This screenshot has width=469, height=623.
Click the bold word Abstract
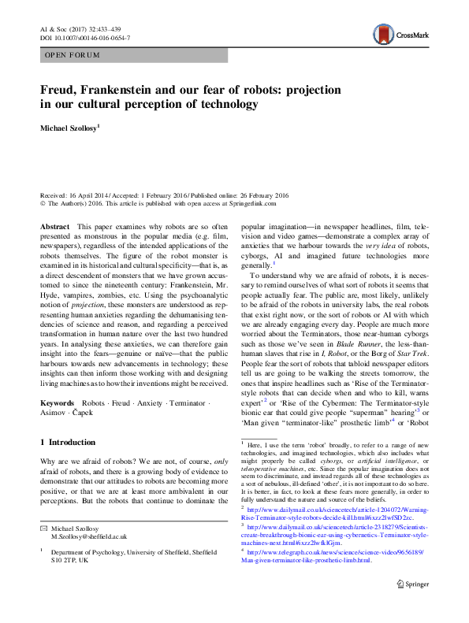pos(54,226)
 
